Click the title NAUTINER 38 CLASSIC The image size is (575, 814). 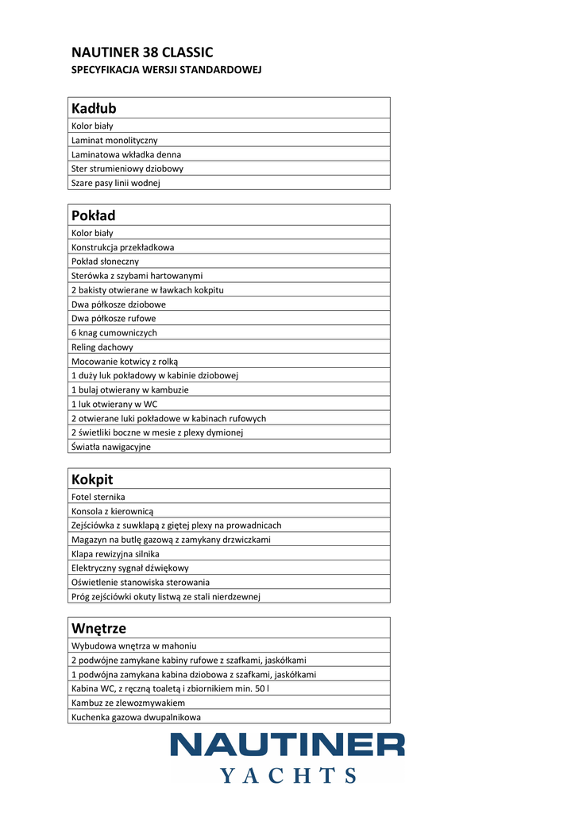(142, 52)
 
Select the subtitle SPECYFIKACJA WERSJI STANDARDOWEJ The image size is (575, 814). (167, 70)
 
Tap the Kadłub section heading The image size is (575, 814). (94, 108)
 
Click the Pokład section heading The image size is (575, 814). (94, 215)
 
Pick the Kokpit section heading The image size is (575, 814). (92, 479)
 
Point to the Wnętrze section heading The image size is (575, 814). (98, 629)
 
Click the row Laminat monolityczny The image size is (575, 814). (114, 140)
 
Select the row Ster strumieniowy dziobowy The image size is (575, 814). (127, 169)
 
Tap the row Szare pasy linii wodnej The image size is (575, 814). (116, 183)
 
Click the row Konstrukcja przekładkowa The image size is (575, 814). (122, 247)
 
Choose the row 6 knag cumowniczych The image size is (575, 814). (114, 333)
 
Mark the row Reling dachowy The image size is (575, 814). (102, 347)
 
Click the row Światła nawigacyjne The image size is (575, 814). (111, 447)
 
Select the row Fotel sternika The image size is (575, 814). (98, 497)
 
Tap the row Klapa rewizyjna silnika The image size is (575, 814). (115, 554)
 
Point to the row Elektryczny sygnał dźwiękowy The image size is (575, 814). (130, 568)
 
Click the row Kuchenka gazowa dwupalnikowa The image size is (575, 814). (136, 717)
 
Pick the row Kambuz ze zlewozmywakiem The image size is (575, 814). (128, 703)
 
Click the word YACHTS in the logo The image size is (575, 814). (287, 776)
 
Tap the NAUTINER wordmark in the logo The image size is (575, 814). (287, 746)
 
